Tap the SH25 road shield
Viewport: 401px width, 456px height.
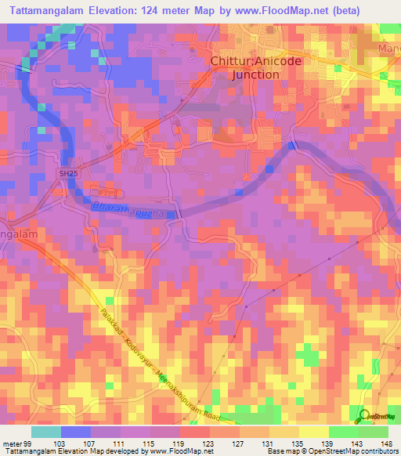click(68, 172)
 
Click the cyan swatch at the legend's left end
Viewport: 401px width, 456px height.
click(45, 432)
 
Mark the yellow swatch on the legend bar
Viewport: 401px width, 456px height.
click(314, 432)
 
